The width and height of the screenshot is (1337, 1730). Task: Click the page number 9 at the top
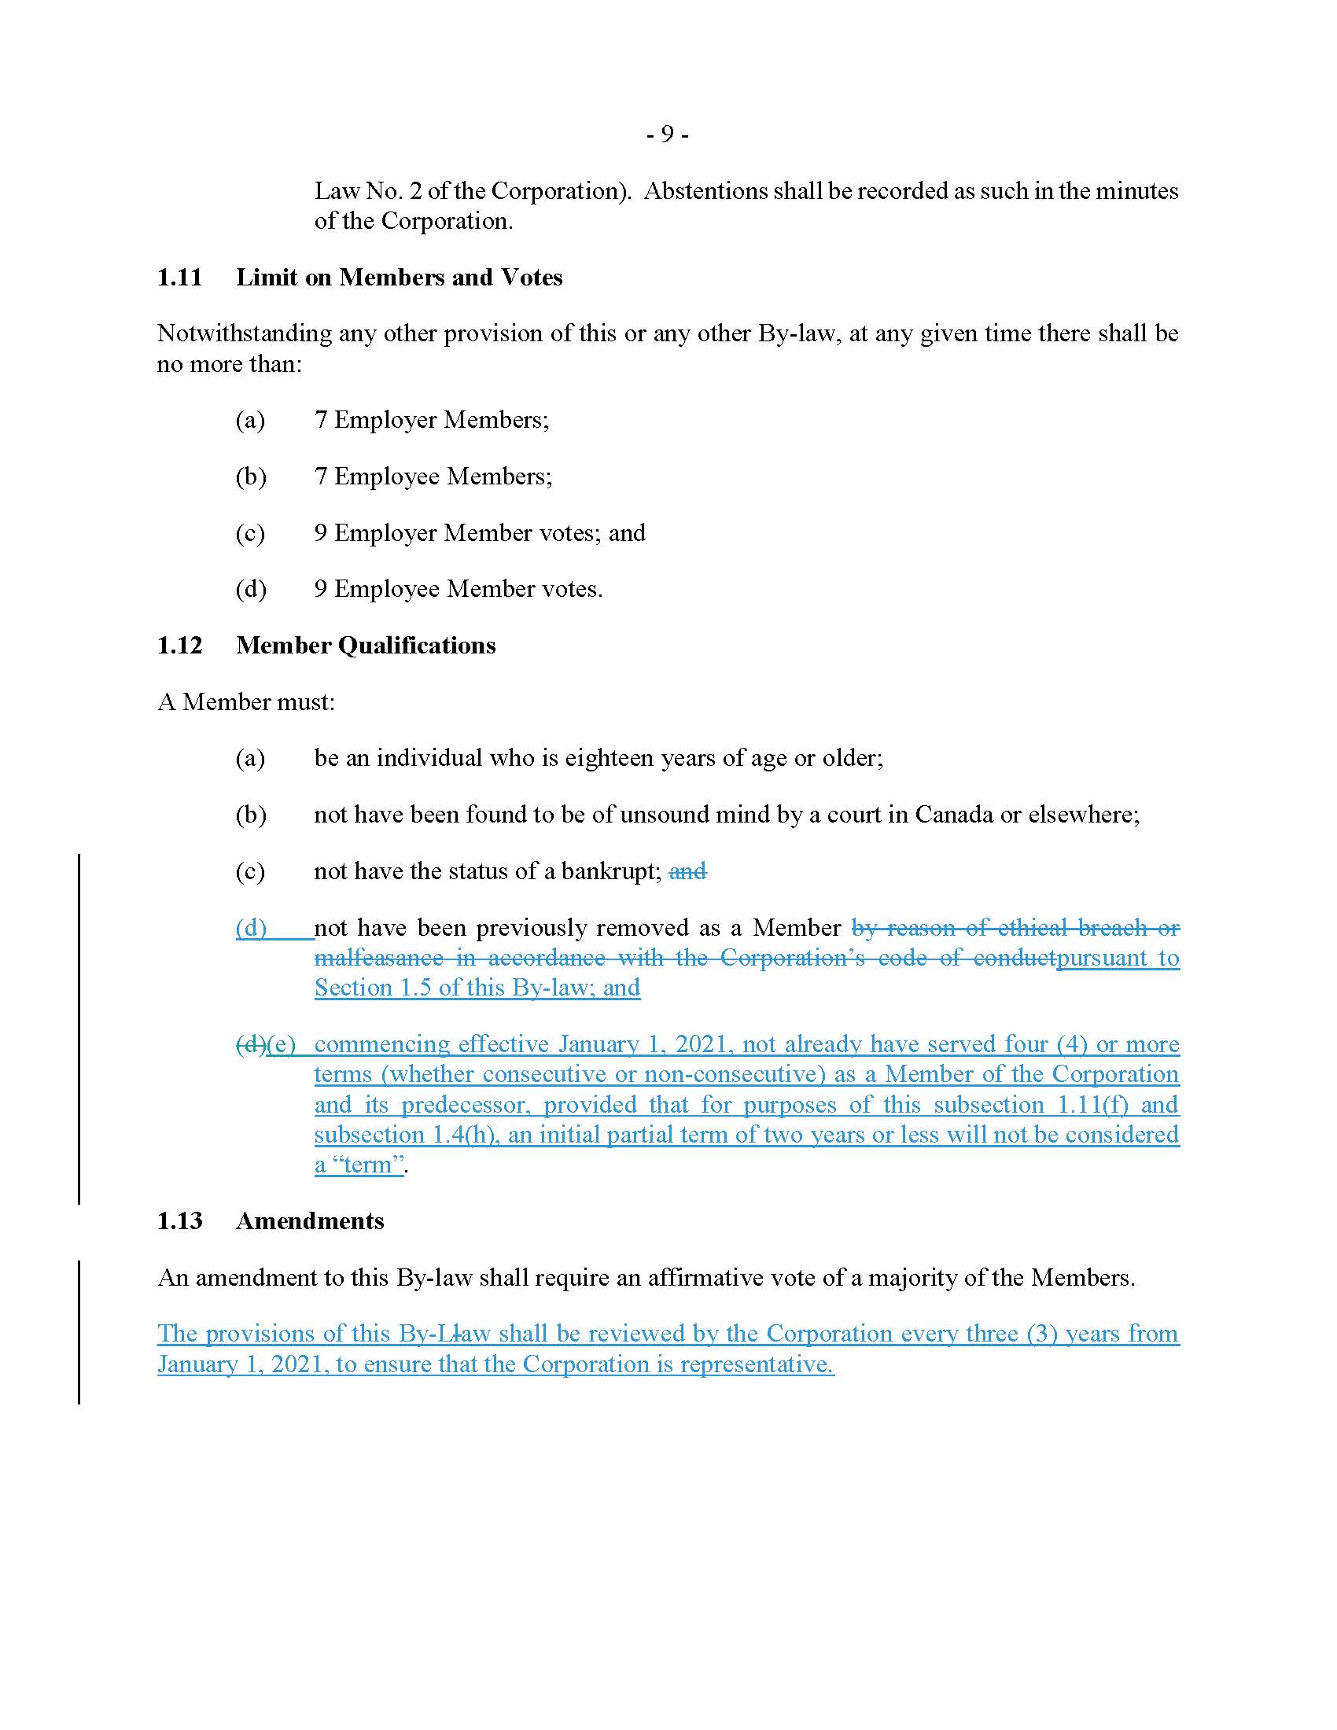point(667,134)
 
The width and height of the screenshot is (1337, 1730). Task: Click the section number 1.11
point(180,278)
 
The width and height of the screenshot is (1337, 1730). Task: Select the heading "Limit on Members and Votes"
point(400,278)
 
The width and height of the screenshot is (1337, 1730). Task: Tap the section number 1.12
point(180,646)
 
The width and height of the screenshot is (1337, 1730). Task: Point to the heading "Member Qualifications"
point(366,646)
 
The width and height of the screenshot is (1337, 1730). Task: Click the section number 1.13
point(180,1220)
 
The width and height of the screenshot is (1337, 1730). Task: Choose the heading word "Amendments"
point(310,1220)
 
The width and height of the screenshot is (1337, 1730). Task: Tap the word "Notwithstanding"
point(244,333)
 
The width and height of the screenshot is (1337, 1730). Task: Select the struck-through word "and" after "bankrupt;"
point(687,871)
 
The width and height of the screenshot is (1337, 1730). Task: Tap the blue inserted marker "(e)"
point(282,1044)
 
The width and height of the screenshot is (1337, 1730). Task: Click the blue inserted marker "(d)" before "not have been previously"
point(251,928)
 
